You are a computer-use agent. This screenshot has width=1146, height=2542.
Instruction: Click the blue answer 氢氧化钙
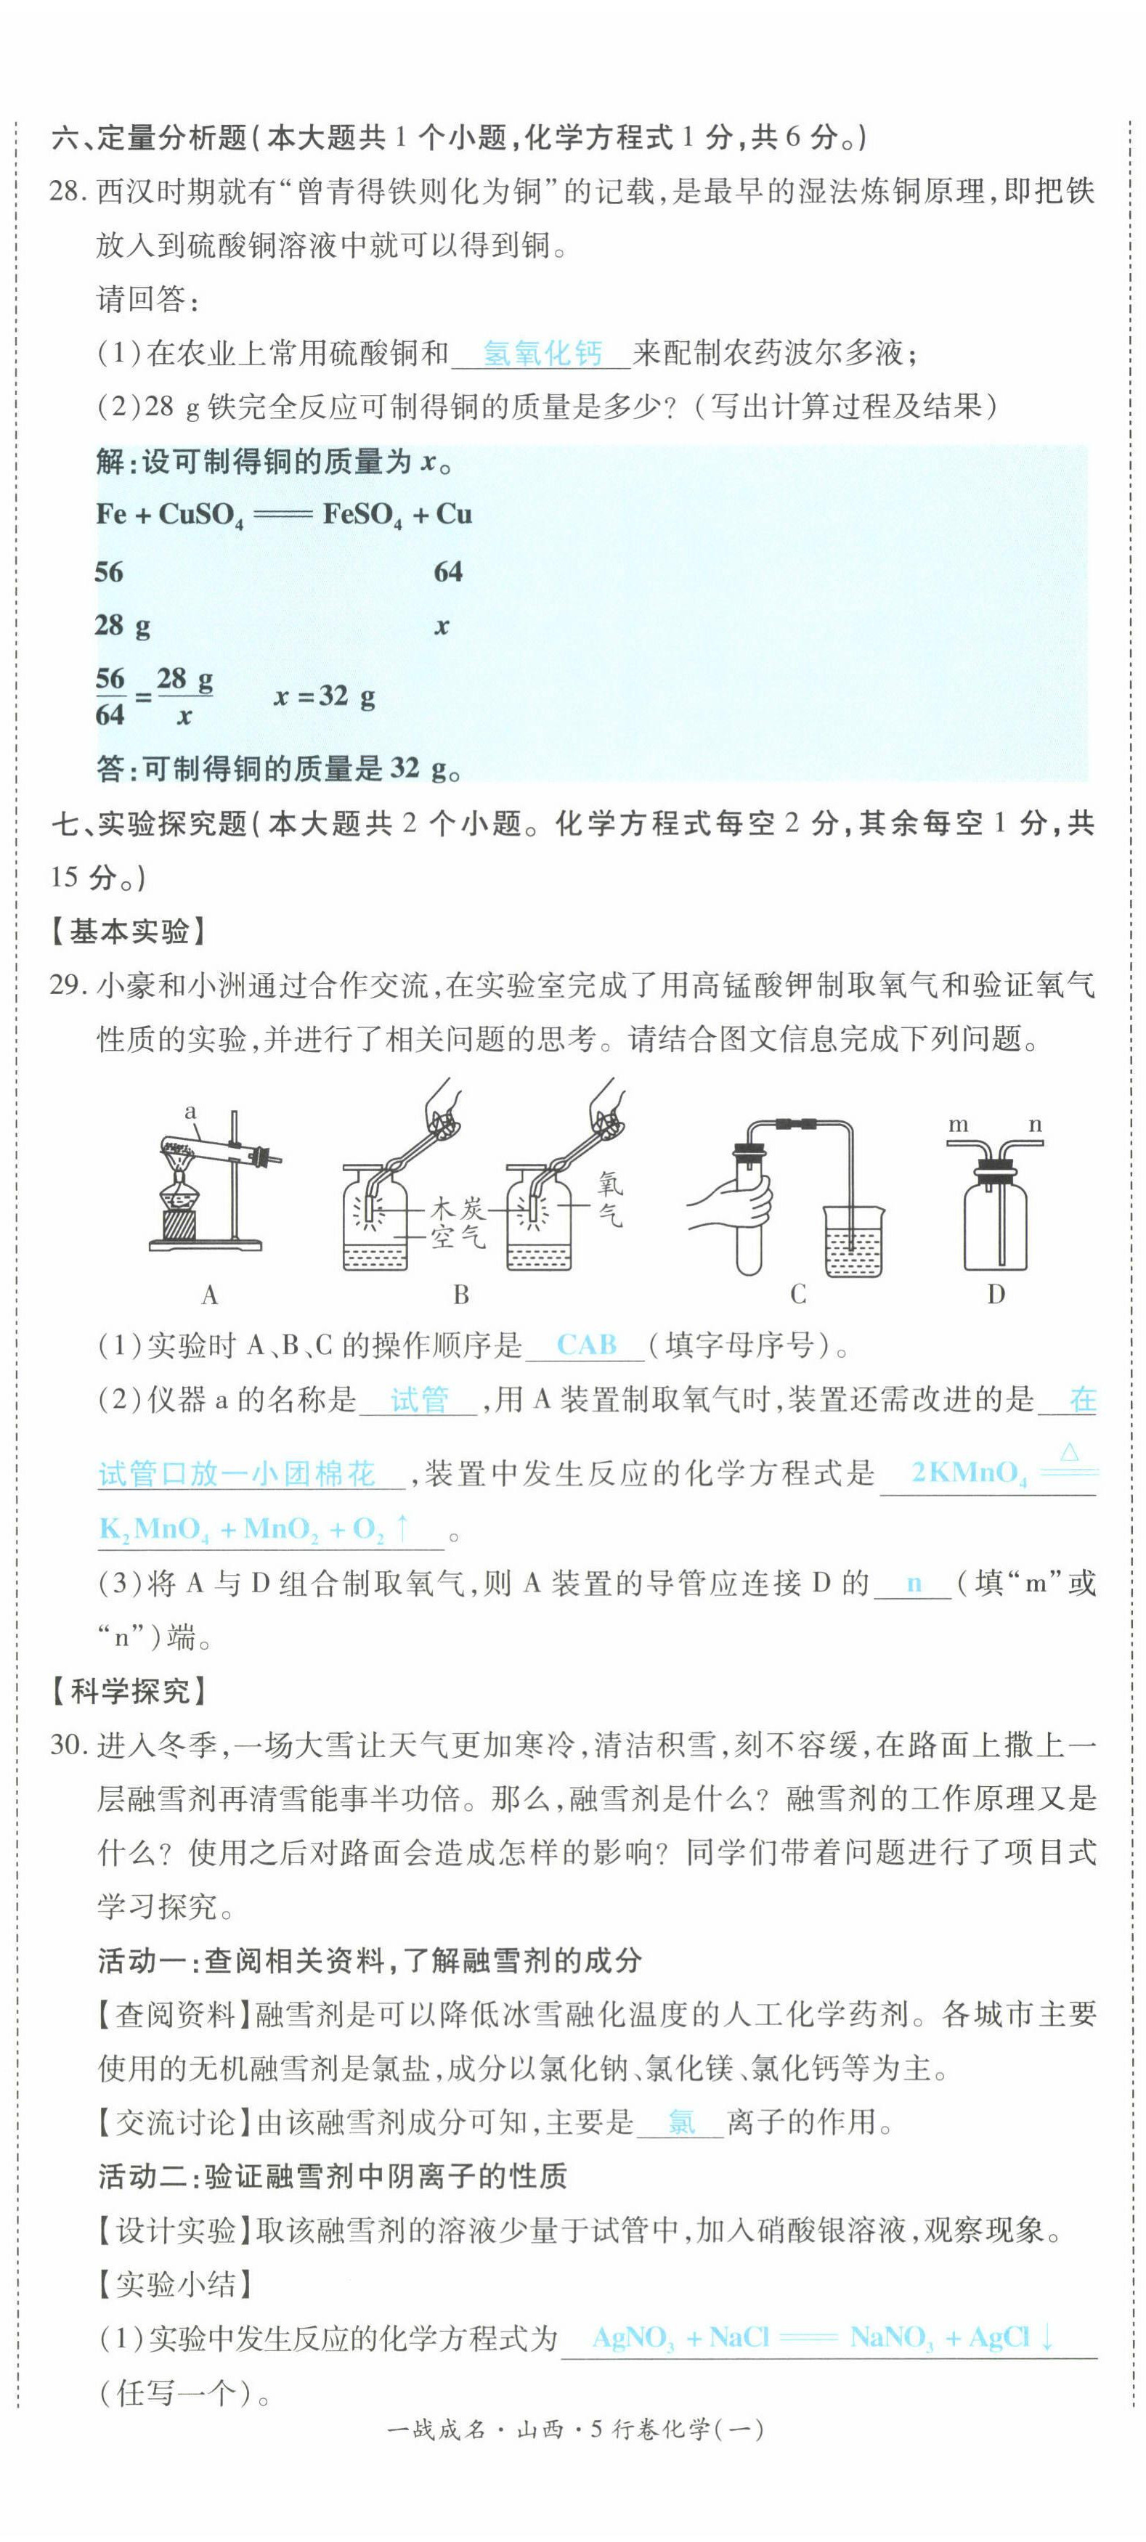tap(542, 352)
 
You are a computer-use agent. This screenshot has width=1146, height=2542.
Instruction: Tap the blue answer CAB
tap(586, 1345)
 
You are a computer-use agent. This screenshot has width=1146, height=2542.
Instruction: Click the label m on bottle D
tap(957, 1124)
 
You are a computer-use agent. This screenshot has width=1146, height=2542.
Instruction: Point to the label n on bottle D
tap(1034, 1124)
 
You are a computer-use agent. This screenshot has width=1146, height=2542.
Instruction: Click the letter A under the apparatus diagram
tap(209, 1294)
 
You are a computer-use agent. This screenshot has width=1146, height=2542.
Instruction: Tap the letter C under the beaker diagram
tap(797, 1294)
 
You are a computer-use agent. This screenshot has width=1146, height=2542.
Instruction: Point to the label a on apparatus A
tap(190, 1111)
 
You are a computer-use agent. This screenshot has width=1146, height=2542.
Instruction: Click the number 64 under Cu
tap(448, 571)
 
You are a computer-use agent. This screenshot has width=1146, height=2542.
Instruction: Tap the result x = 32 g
tap(325, 697)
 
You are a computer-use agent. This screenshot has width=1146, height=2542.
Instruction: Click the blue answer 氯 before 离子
tap(681, 2122)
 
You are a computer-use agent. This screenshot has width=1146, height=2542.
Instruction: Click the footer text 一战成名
tap(434, 2429)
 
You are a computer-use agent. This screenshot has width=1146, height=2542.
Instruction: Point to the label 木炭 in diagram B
tap(457, 1208)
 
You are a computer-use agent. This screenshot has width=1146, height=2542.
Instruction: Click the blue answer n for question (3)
tap(914, 1584)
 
